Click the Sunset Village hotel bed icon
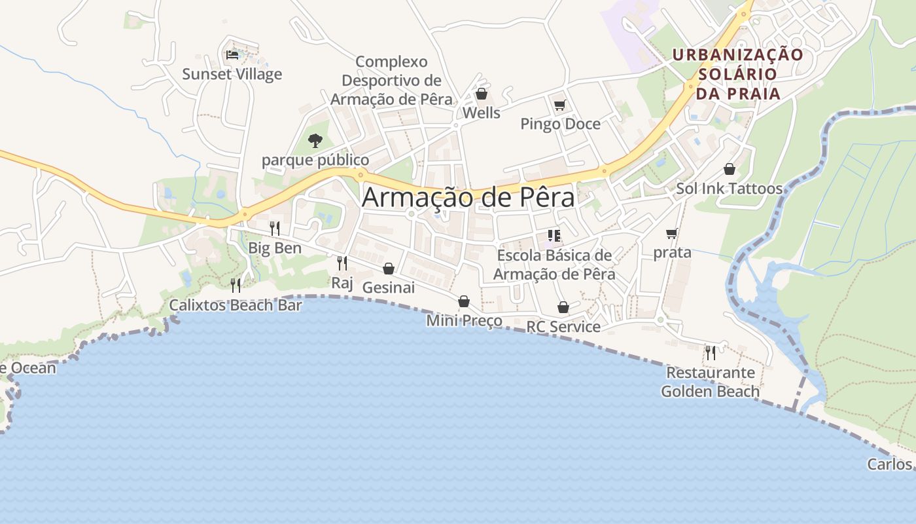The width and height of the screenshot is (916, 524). pos(232,55)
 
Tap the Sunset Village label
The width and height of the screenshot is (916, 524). pos(232,74)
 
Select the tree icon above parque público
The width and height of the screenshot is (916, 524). pos(315,140)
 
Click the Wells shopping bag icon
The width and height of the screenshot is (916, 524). pos(482,94)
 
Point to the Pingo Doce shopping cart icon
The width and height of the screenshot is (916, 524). pos(559,105)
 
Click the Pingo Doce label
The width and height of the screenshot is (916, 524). pos(560,124)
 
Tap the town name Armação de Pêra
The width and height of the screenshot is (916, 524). pos(468,197)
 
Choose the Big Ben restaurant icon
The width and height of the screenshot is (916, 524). pos(275,229)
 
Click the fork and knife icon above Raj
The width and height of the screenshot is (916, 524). pos(342,263)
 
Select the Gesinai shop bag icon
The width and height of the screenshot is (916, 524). pos(389,269)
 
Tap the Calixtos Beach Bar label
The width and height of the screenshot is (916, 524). pos(236,305)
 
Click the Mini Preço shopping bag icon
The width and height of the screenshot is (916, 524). pos(464,301)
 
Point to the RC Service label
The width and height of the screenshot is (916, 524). pos(563,326)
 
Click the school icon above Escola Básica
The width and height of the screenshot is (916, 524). pos(554,236)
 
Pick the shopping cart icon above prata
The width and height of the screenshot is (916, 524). pos(671,233)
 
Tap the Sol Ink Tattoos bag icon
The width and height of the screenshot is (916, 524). pos(730,170)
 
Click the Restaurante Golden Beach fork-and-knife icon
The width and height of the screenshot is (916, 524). pos(710,353)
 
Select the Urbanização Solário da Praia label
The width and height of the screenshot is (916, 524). pos(738,74)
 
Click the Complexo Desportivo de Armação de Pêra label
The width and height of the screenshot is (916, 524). pos(391,81)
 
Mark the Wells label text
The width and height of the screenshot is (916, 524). pos(481,113)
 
